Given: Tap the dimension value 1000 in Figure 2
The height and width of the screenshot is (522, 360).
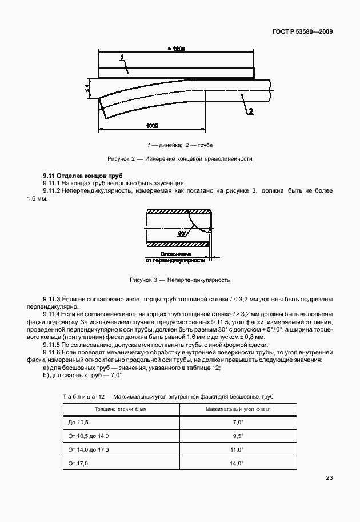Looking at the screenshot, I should (152, 125).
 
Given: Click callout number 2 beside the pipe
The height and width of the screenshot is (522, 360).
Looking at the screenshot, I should (250, 111).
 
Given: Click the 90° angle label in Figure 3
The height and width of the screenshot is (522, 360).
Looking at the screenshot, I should (182, 234).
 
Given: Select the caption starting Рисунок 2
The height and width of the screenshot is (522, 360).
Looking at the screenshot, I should (179, 158).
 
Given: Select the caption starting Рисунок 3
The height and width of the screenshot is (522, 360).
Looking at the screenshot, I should (179, 280).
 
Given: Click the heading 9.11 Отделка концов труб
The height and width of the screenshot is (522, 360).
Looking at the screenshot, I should (82, 174).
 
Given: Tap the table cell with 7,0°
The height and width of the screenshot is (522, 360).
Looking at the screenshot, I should (238, 421).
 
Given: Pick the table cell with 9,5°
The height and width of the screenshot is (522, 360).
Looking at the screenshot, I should (238, 436).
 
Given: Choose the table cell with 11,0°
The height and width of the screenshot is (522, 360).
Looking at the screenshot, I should (238, 450).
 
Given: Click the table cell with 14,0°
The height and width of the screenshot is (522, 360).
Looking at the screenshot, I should (238, 464).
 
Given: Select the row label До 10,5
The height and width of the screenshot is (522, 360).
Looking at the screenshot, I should (79, 421).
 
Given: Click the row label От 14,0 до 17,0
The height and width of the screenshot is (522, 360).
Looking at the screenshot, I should (88, 450).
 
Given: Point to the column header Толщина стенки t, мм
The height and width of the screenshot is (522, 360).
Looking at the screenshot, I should (121, 409).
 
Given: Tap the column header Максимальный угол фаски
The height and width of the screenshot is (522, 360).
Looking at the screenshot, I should (238, 409).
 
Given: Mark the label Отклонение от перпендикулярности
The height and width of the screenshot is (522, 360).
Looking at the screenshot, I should (175, 256).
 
